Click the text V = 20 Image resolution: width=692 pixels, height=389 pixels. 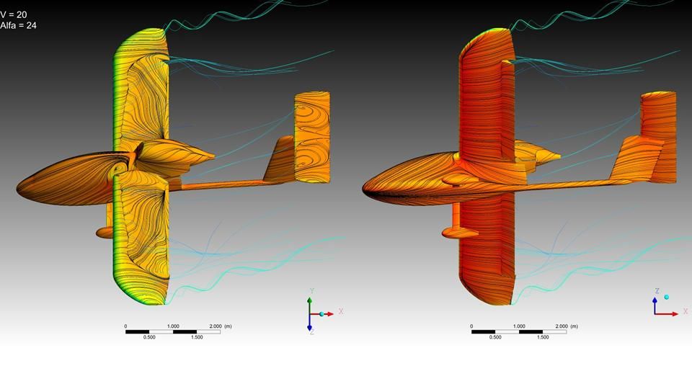(14, 15)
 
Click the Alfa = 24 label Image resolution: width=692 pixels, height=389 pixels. (18, 26)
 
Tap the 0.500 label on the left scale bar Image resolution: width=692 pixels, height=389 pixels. (149, 337)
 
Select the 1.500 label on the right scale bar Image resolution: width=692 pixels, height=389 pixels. (543, 337)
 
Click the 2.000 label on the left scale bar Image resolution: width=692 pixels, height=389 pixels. (216, 326)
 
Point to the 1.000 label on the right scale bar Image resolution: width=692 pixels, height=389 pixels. (519, 326)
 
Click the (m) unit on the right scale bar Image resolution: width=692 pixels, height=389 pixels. (574, 326)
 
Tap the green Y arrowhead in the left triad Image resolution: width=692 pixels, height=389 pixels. (310, 300)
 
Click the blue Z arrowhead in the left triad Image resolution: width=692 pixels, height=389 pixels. (310, 328)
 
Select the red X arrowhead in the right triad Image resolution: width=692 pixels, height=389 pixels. (675, 314)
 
